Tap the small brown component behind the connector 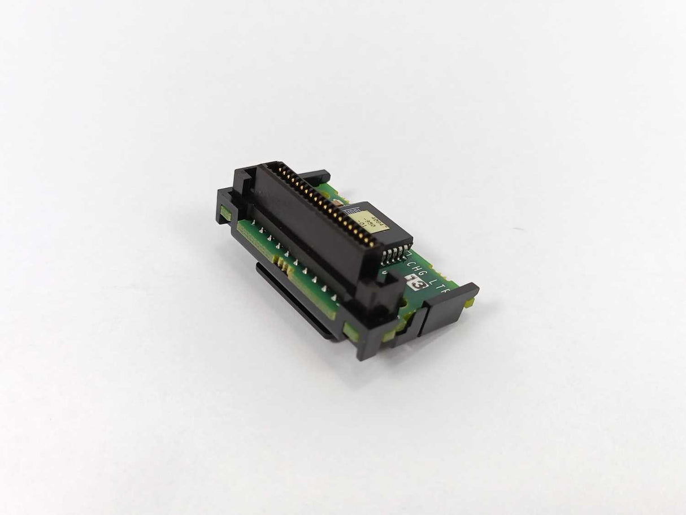point(337,202)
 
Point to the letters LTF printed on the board point(438,283)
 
